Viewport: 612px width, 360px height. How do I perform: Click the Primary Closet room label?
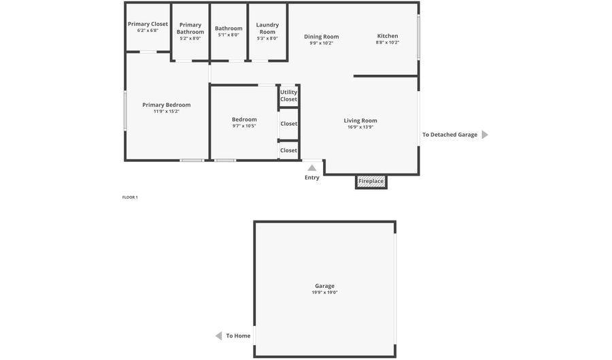(x=148, y=24)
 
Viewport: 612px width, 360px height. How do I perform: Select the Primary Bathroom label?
(x=190, y=29)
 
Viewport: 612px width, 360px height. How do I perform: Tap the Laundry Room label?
(x=267, y=29)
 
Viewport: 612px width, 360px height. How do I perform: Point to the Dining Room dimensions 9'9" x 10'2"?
(x=322, y=43)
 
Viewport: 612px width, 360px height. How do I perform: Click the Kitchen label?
(x=388, y=36)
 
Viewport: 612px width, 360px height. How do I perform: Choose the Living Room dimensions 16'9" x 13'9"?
(x=360, y=127)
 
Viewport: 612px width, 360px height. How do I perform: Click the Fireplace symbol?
(x=371, y=182)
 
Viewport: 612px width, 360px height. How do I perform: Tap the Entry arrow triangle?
(x=311, y=167)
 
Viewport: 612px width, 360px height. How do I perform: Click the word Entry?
(x=311, y=178)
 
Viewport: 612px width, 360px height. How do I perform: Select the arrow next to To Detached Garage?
(x=485, y=135)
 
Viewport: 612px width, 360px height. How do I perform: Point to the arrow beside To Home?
(x=218, y=336)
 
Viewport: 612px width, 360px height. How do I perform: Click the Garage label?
(x=324, y=286)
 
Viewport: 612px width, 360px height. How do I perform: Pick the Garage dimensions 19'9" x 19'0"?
(x=324, y=293)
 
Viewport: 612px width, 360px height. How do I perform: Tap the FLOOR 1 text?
(x=130, y=197)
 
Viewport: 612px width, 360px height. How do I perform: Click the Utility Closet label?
(x=288, y=96)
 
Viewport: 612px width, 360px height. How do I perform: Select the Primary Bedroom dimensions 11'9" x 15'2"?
(x=167, y=112)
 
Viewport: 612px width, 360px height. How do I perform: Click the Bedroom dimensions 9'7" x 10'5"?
(x=244, y=126)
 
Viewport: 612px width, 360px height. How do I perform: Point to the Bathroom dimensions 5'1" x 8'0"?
(x=228, y=35)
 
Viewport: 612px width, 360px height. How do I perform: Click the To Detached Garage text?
(x=449, y=135)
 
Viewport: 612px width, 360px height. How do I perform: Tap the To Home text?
(x=238, y=336)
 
